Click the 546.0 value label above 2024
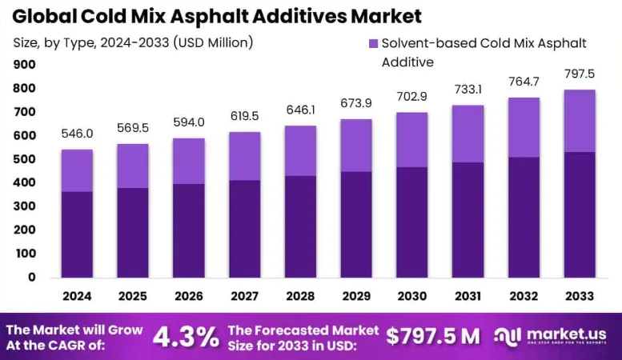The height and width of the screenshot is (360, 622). [x=77, y=134]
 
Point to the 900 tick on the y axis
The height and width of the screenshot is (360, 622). [x=24, y=65]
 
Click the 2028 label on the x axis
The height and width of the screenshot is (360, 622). [x=301, y=296]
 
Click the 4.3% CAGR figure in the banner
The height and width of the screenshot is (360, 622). [x=186, y=337]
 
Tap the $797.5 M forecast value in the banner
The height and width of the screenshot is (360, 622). [x=433, y=337]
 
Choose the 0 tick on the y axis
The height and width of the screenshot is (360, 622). [x=31, y=277]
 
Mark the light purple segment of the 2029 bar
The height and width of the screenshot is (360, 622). [x=355, y=145]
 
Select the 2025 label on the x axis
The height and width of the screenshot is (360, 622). [x=133, y=296]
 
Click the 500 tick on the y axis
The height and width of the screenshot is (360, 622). [x=24, y=159]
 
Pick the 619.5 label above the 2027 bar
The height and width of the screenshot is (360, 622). [x=244, y=116]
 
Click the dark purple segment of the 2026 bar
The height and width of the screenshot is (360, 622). [x=188, y=230]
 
